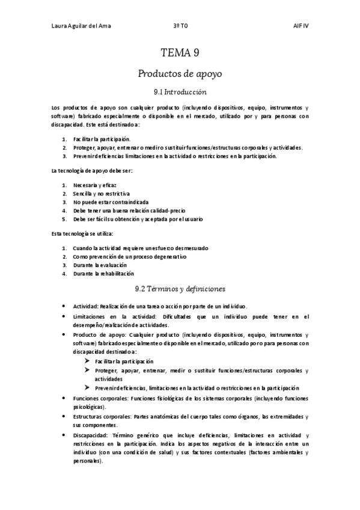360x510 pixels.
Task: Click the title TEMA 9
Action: point(180,53)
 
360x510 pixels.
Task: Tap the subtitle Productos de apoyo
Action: point(180,74)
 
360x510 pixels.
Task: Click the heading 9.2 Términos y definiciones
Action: point(180,289)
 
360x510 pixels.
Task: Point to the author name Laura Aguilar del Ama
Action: point(81,26)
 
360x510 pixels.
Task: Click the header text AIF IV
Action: point(301,26)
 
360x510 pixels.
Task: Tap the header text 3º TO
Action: point(180,26)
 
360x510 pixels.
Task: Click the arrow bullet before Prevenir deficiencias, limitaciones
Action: point(88,388)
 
